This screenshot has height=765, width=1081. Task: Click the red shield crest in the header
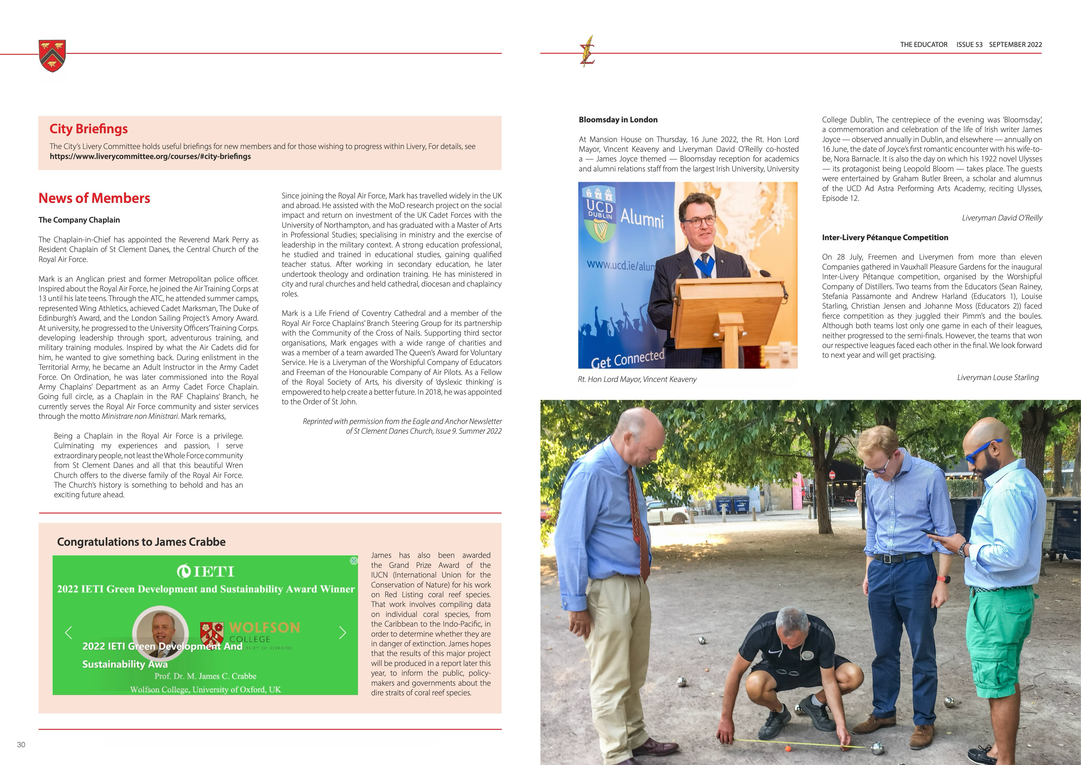pyautogui.click(x=52, y=56)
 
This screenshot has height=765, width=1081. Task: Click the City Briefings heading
pyautogui.click(x=88, y=129)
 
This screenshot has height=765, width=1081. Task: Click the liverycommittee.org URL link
pyautogui.click(x=150, y=156)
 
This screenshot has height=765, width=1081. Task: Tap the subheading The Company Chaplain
pyautogui.click(x=79, y=220)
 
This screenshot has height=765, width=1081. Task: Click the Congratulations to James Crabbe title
pyautogui.click(x=141, y=542)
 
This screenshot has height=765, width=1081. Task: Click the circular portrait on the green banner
pyautogui.click(x=161, y=631)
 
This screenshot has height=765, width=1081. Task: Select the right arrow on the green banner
pyautogui.click(x=342, y=633)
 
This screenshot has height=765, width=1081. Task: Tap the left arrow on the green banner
pyautogui.click(x=69, y=633)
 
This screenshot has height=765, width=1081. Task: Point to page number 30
pyautogui.click(x=21, y=745)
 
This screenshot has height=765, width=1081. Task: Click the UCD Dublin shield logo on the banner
pyautogui.click(x=599, y=214)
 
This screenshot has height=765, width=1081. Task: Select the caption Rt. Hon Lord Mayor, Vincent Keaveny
pyautogui.click(x=637, y=379)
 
